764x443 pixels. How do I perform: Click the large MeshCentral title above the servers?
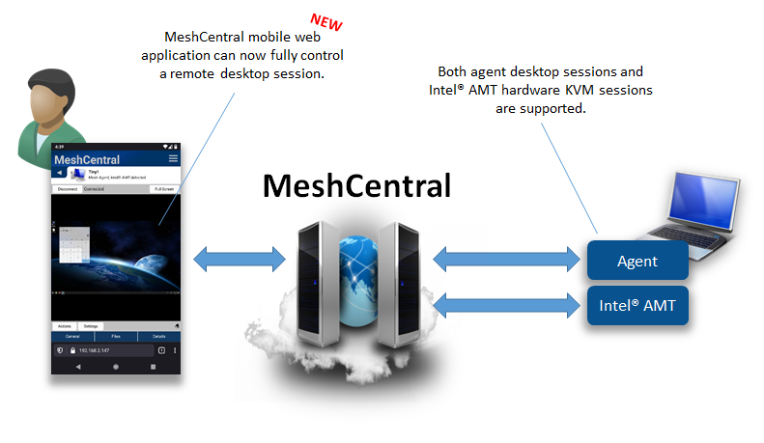click(357, 184)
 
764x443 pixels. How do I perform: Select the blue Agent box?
click(637, 261)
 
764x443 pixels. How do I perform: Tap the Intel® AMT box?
click(637, 306)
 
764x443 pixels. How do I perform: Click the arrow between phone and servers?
click(240, 259)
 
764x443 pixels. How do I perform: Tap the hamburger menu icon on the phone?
click(173, 158)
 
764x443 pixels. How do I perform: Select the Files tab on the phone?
click(116, 336)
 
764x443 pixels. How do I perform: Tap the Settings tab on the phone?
click(90, 326)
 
